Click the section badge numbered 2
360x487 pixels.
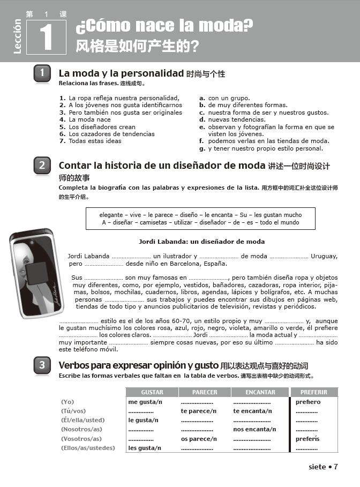click(42, 166)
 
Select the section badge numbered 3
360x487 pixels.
click(42, 365)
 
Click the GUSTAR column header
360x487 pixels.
click(152, 392)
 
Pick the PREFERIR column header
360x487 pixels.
click(314, 392)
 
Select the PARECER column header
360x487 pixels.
click(205, 392)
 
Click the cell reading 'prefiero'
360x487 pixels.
click(308, 402)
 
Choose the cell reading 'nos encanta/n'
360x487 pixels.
click(254, 429)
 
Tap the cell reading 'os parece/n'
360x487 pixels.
click(199, 439)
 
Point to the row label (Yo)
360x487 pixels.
click(67, 402)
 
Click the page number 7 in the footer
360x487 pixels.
click(336, 467)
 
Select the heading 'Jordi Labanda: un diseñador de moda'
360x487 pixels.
click(201, 242)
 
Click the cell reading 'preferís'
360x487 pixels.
click(307, 439)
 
